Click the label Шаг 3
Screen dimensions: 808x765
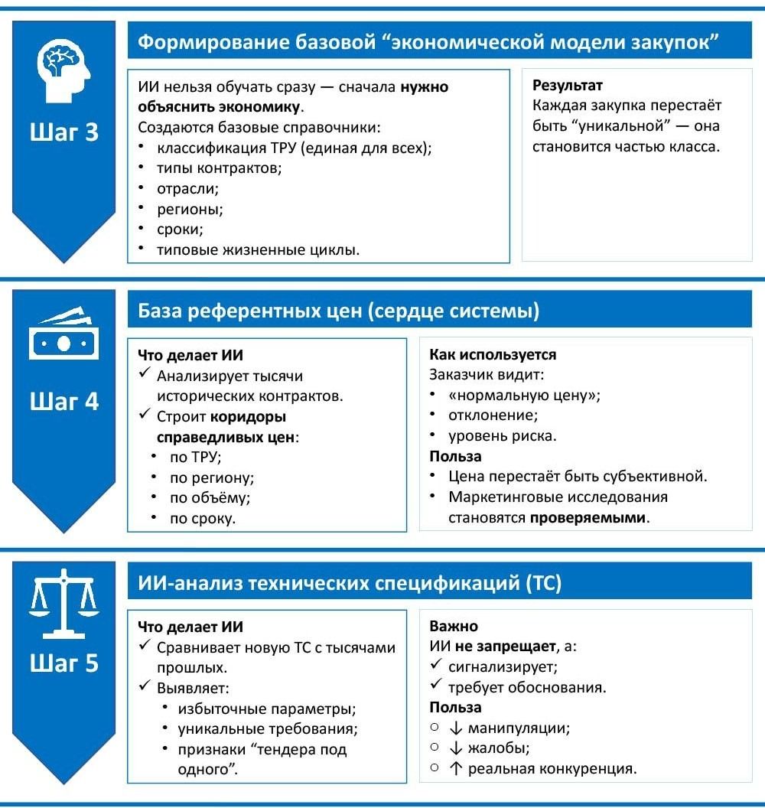pyautogui.click(x=64, y=132)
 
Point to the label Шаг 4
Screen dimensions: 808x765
pyautogui.click(x=64, y=401)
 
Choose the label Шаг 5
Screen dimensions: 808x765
pyautogui.click(x=64, y=663)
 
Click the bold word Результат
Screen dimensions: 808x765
pyautogui.click(x=568, y=86)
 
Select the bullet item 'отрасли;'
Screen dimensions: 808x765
pyautogui.click(x=187, y=187)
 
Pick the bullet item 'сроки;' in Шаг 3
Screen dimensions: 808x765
pyautogui.click(x=181, y=229)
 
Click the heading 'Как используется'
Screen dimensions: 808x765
pyautogui.click(x=493, y=355)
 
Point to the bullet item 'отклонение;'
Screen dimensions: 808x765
pyautogui.click(x=493, y=415)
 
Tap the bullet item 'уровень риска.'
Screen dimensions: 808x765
pyautogui.click(x=503, y=436)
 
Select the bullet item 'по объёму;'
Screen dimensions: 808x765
pyautogui.click(x=210, y=497)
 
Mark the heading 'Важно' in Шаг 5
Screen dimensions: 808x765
pyautogui.click(x=454, y=626)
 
